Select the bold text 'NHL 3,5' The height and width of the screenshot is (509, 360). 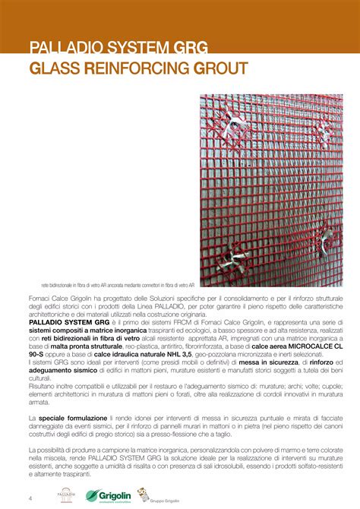click(178, 354)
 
